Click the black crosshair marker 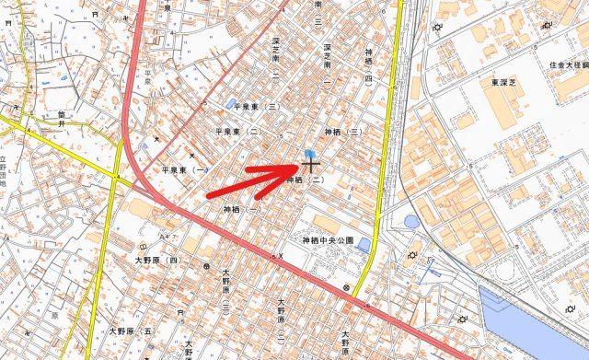311,167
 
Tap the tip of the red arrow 299,168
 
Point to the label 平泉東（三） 259,107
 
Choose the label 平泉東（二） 238,132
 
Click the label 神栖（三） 345,133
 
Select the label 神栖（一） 242,210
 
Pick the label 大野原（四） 157,261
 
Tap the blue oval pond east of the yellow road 410,221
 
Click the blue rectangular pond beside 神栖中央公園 364,245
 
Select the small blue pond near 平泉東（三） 230,102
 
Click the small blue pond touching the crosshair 309,155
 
